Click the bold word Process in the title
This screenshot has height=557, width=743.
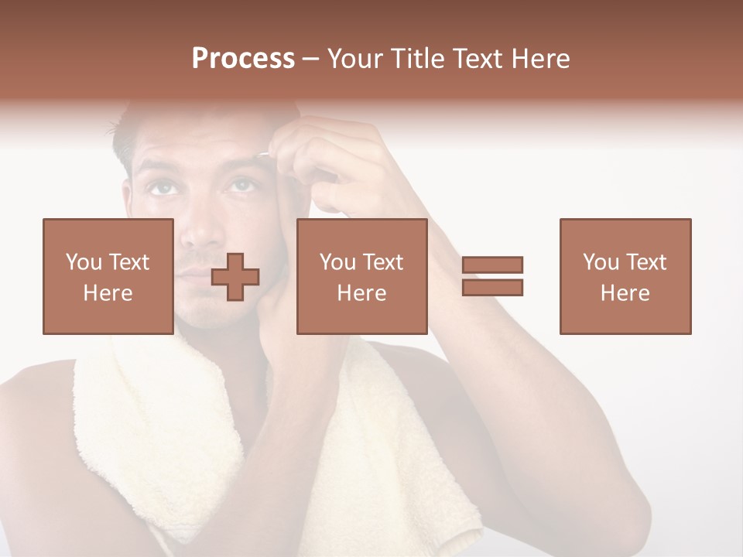pyautogui.click(x=243, y=59)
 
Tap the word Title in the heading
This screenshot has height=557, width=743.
pyautogui.click(x=416, y=59)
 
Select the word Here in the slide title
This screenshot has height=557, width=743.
pyautogui.click(x=539, y=59)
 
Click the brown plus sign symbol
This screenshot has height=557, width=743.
pyautogui.click(x=235, y=277)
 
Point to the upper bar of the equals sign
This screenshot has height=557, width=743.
pyautogui.click(x=492, y=265)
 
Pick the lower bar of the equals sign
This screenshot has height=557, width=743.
pyautogui.click(x=492, y=287)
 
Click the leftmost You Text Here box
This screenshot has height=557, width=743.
pyautogui.click(x=108, y=276)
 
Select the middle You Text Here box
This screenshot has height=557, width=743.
pyautogui.click(x=361, y=276)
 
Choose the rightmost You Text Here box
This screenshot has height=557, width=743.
pyautogui.click(x=625, y=276)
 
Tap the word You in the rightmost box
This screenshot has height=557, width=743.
pyautogui.click(x=601, y=262)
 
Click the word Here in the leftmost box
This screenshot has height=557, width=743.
pyautogui.click(x=108, y=293)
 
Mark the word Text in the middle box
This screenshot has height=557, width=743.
pyautogui.click(x=383, y=262)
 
